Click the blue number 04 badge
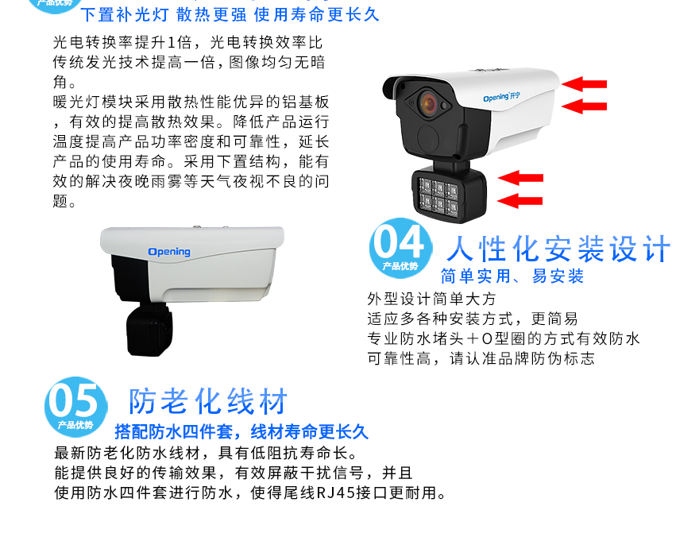coord(401,249)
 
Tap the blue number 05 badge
coord(76,407)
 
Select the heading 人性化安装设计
coord(558,249)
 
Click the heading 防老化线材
coord(208,401)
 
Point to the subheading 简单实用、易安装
coord(512,276)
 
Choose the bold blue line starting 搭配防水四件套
coord(241,432)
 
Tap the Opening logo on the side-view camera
coord(169,252)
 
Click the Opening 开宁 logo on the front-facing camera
coord(501,97)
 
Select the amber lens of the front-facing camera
coord(428,103)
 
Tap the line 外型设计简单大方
coord(431,299)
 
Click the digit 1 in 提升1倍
coord(172,43)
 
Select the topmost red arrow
coord(584,83)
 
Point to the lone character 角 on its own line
coord(60,82)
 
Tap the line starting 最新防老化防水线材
coord(206,454)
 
